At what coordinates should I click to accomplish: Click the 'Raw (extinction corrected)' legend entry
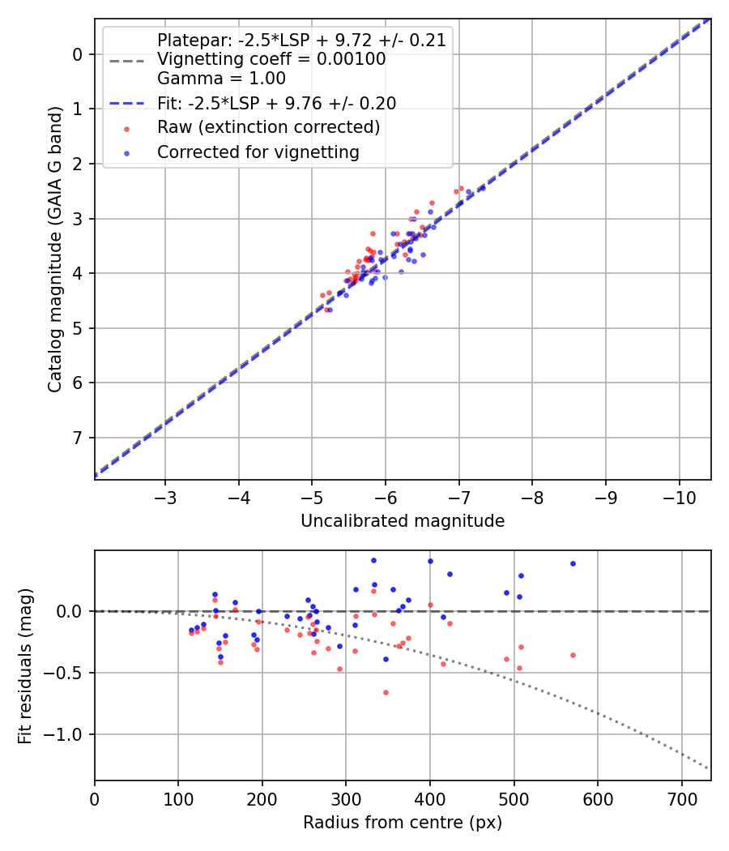coord(268,127)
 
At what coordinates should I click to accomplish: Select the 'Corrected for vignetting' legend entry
coord(258,152)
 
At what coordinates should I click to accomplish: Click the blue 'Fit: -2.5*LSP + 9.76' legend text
coord(276,103)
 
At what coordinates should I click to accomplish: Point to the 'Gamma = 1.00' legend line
coord(221,79)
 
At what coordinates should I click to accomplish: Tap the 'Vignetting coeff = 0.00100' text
coord(271,59)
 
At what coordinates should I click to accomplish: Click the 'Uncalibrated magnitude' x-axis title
coord(403,521)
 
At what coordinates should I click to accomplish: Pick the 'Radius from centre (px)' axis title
coord(403,823)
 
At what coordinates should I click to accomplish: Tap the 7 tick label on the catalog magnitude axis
coord(78,438)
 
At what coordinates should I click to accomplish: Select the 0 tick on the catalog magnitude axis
coord(78,54)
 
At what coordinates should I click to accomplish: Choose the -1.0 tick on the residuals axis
coord(66,735)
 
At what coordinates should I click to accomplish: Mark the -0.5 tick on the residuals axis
coord(66,674)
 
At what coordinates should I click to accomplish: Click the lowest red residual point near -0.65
coord(386,692)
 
